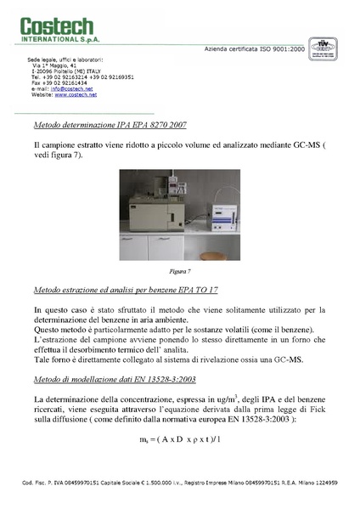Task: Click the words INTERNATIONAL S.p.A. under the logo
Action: pyautogui.click(x=54, y=39)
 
